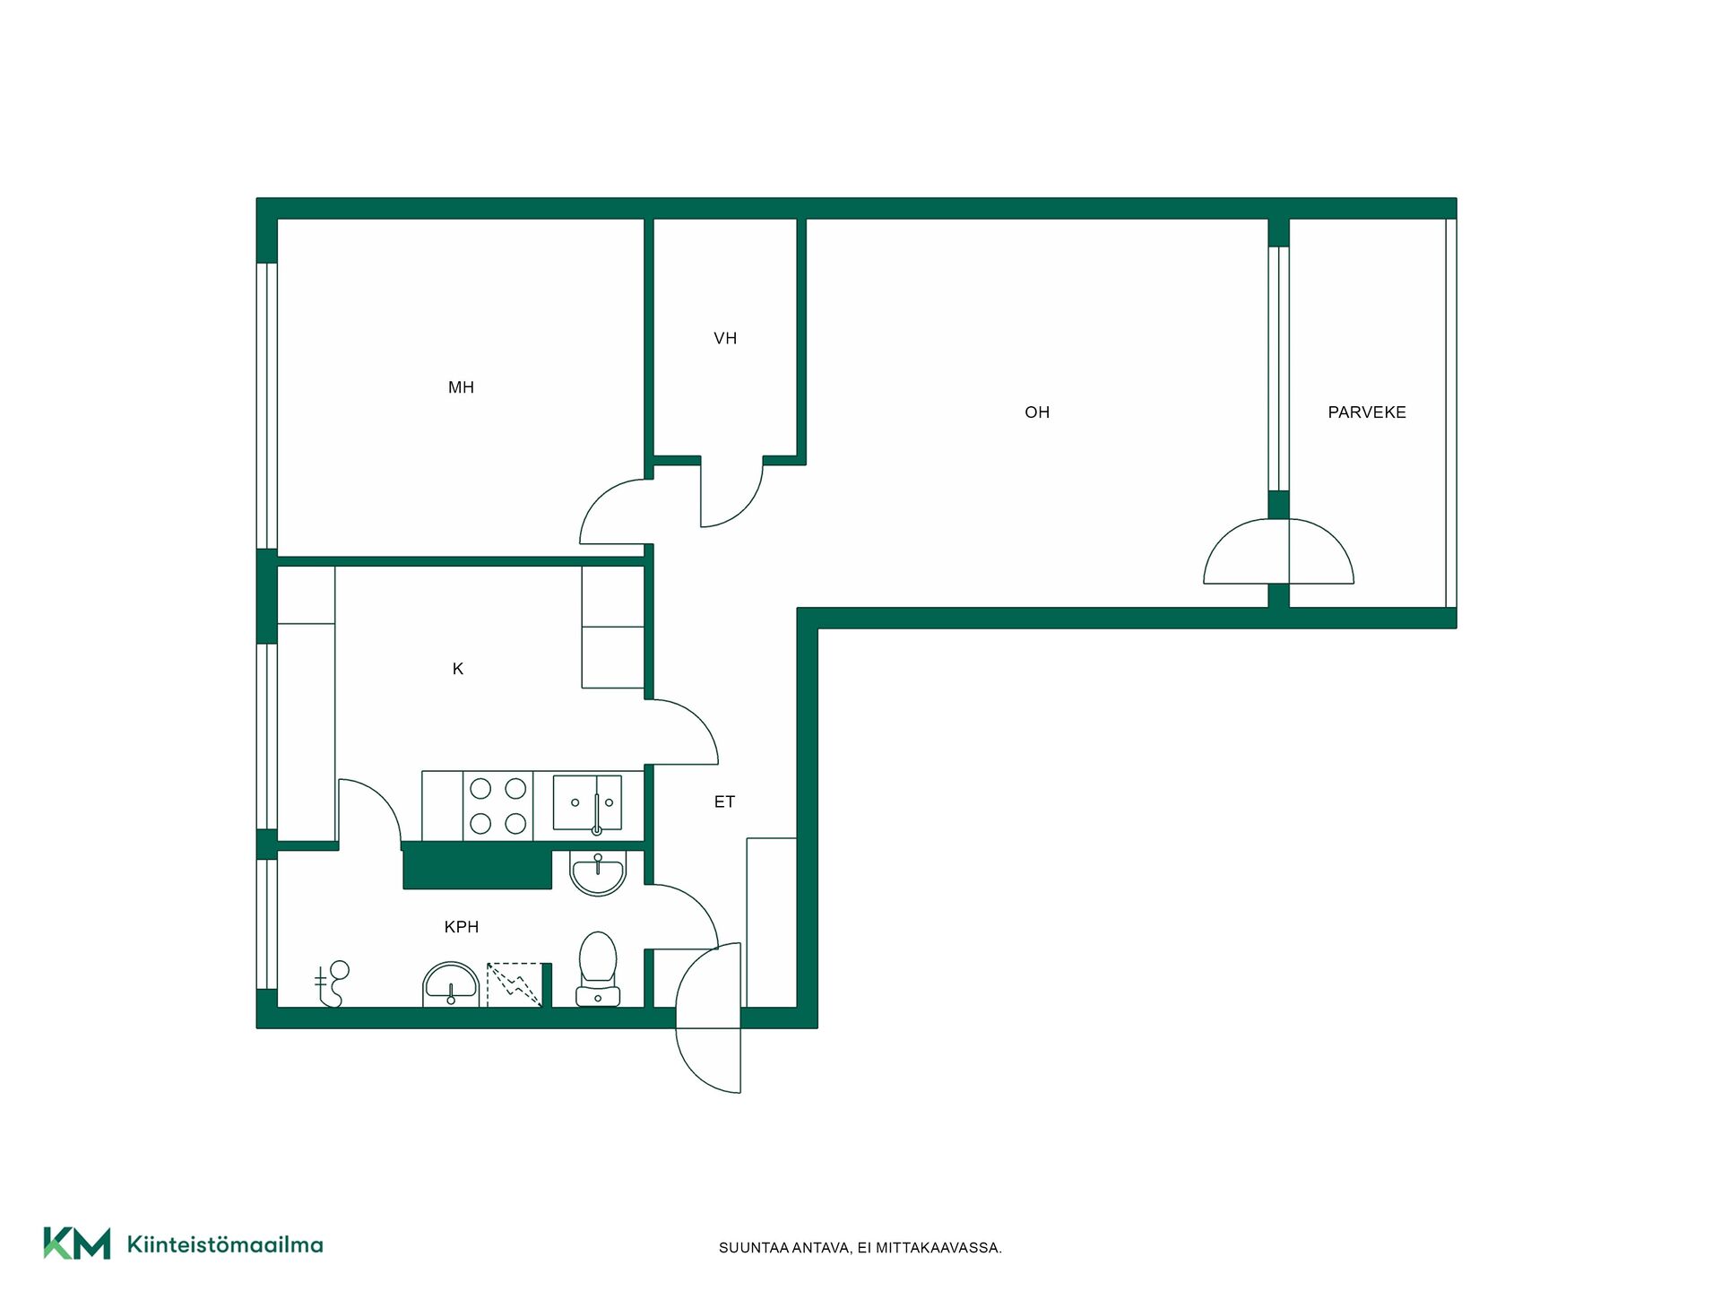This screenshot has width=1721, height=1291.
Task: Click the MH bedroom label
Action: [461, 387]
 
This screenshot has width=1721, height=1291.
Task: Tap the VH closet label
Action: [725, 338]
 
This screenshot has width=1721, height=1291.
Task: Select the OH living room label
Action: [1037, 412]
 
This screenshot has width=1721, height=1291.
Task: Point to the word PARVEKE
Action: [1367, 412]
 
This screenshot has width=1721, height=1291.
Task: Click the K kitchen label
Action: [458, 669]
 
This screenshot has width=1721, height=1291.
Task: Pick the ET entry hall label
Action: [724, 802]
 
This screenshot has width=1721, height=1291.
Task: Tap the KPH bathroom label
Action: [462, 927]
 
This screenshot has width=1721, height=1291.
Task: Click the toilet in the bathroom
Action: [598, 968]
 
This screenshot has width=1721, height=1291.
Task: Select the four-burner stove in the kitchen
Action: [498, 806]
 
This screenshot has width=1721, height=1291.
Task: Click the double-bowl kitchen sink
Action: [588, 803]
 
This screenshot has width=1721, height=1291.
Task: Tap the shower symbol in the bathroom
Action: [332, 983]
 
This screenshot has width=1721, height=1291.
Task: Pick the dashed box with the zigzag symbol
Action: [515, 984]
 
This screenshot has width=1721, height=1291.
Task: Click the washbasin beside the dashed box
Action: [451, 984]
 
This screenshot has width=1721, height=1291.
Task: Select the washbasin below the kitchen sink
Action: [598, 873]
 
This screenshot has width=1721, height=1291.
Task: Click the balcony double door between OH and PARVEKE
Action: [1278, 551]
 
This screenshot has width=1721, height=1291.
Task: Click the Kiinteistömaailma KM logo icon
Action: [77, 1243]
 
